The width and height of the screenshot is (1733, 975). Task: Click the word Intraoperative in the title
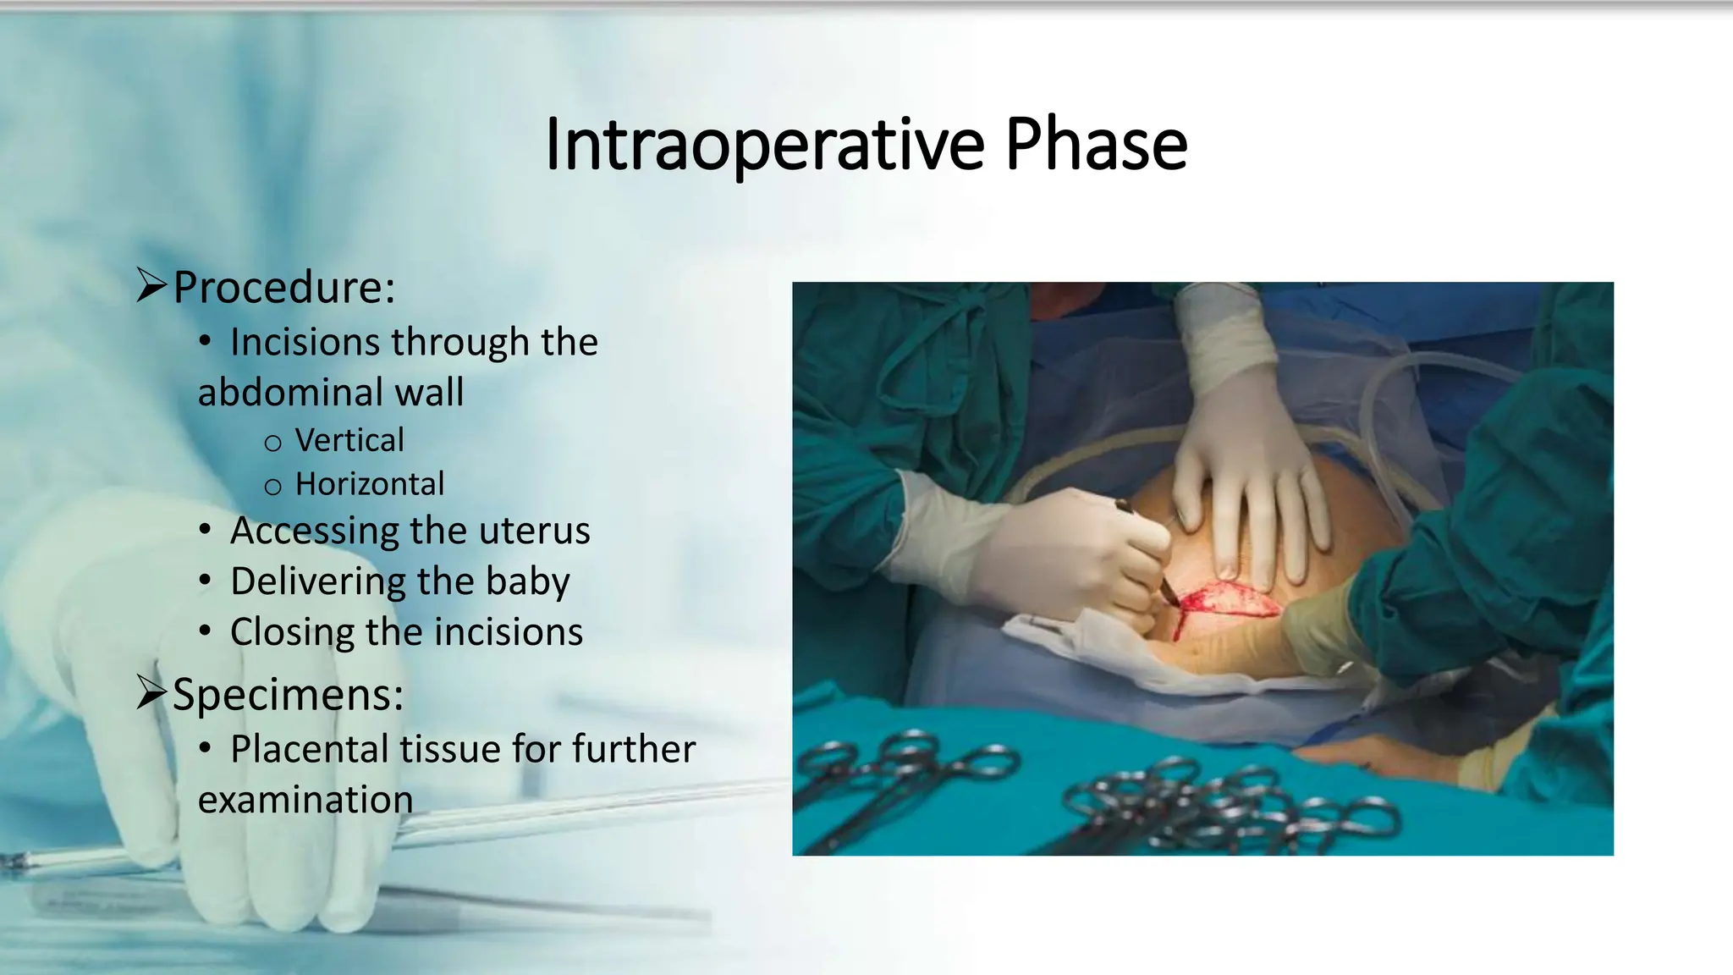click(x=764, y=145)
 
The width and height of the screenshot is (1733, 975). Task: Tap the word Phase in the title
click(x=1096, y=145)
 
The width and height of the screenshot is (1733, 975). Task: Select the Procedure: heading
click(x=283, y=287)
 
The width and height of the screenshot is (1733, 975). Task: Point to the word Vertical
click(x=349, y=440)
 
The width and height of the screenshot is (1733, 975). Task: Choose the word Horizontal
click(x=370, y=484)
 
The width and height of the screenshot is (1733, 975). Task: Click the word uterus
click(x=534, y=531)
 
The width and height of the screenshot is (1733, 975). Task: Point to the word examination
click(x=305, y=800)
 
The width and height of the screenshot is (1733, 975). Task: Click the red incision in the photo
click(x=1227, y=601)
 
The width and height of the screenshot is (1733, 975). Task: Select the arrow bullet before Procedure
click(x=151, y=285)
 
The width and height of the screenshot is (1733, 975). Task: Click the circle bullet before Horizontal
click(x=272, y=487)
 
